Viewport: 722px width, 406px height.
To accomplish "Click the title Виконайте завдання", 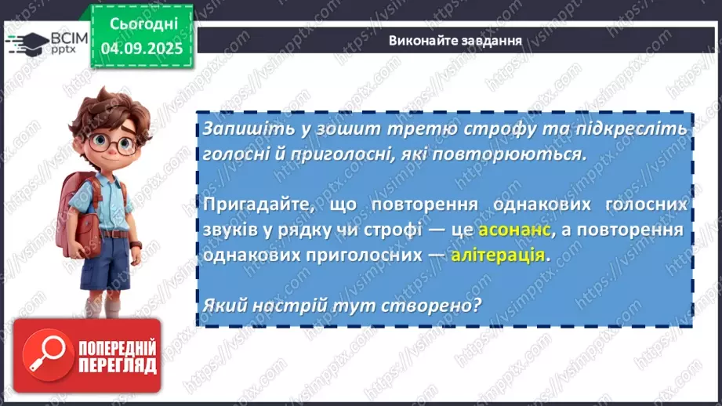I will coord(455,40).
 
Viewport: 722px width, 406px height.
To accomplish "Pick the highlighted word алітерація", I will coord(497,255).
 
